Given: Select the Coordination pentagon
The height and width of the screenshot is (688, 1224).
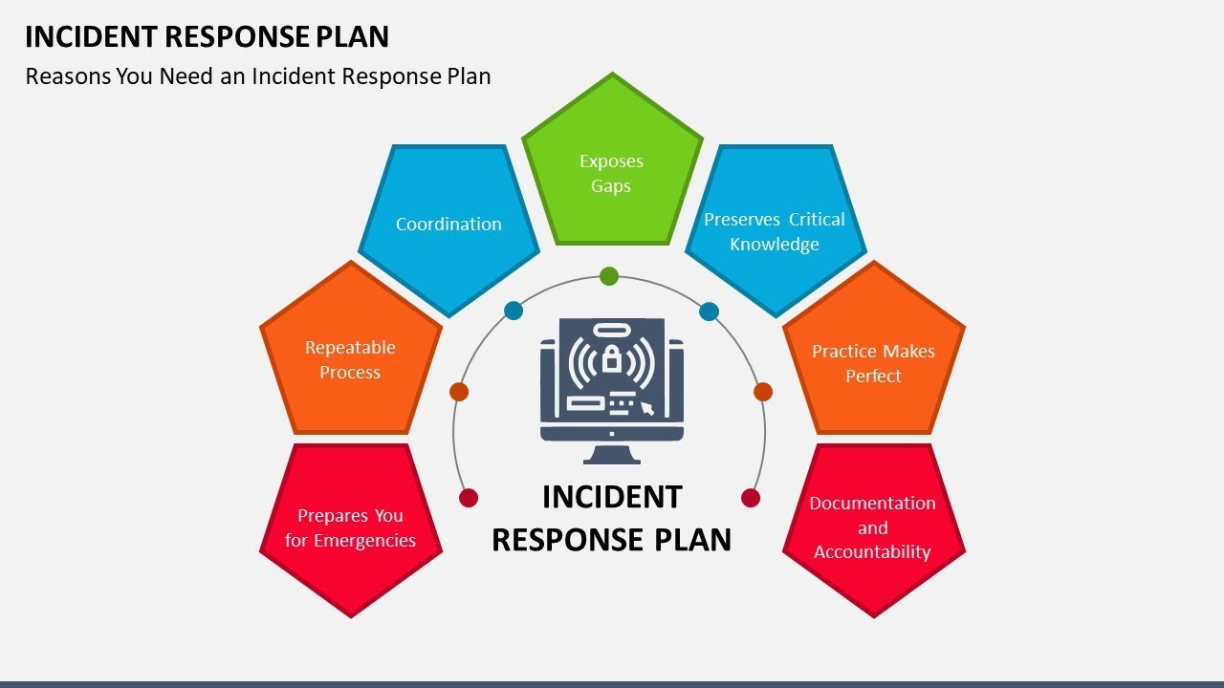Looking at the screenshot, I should [448, 225].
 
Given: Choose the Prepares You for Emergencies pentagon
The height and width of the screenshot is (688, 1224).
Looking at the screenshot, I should [350, 527].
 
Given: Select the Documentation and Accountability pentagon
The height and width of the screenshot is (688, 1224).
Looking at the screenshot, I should [873, 527].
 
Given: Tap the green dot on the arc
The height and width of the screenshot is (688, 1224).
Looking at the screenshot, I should [609, 277].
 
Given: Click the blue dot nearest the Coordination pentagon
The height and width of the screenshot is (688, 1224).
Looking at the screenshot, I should [514, 311].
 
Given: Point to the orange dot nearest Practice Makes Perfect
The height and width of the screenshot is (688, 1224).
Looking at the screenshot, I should [763, 392].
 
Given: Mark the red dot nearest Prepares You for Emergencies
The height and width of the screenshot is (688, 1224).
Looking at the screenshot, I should [469, 498].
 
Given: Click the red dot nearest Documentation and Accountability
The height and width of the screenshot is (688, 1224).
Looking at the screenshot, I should [751, 498].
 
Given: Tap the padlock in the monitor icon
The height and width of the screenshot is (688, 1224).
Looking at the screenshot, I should [611, 361].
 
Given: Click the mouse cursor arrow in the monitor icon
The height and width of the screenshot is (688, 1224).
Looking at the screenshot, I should [647, 409].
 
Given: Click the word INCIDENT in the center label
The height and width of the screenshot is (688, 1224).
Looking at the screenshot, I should [612, 497].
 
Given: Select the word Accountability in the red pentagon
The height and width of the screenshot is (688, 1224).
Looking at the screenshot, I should [872, 552].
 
